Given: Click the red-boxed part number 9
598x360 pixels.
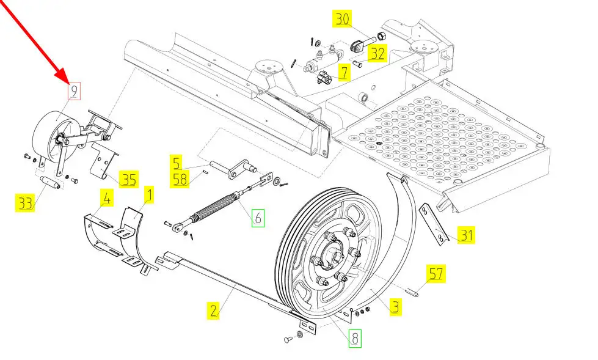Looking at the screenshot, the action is pyautogui.click(x=74, y=92).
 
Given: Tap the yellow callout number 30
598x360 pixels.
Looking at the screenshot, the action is pyautogui.click(x=342, y=19).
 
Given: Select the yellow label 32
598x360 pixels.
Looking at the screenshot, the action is pyautogui.click(x=377, y=53).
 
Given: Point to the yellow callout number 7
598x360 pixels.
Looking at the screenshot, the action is pyautogui.click(x=345, y=72).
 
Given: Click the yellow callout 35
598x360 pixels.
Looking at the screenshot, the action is pyautogui.click(x=128, y=179).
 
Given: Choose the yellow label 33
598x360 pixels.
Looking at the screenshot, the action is pyautogui.click(x=25, y=203).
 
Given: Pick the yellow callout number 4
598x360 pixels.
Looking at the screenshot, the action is pyautogui.click(x=107, y=198).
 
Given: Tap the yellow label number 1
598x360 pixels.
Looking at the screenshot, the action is pyautogui.click(x=149, y=195).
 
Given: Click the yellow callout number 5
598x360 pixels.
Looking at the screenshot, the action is pyautogui.click(x=176, y=163).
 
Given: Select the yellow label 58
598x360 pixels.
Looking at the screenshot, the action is pyautogui.click(x=180, y=179).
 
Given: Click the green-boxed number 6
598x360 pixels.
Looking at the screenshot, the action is pyautogui.click(x=258, y=218).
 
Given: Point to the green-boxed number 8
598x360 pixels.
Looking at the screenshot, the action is pyautogui.click(x=355, y=338).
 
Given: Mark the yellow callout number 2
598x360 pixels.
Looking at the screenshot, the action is pyautogui.click(x=213, y=310).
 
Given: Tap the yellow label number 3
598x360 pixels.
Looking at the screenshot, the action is pyautogui.click(x=395, y=307).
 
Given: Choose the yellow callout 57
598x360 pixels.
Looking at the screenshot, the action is pyautogui.click(x=436, y=274).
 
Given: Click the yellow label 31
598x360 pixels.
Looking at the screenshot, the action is pyautogui.click(x=467, y=235).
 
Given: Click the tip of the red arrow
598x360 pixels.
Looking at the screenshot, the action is pyautogui.click(x=68, y=83).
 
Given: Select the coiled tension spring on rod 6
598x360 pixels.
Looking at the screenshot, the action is pyautogui.click(x=214, y=208).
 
